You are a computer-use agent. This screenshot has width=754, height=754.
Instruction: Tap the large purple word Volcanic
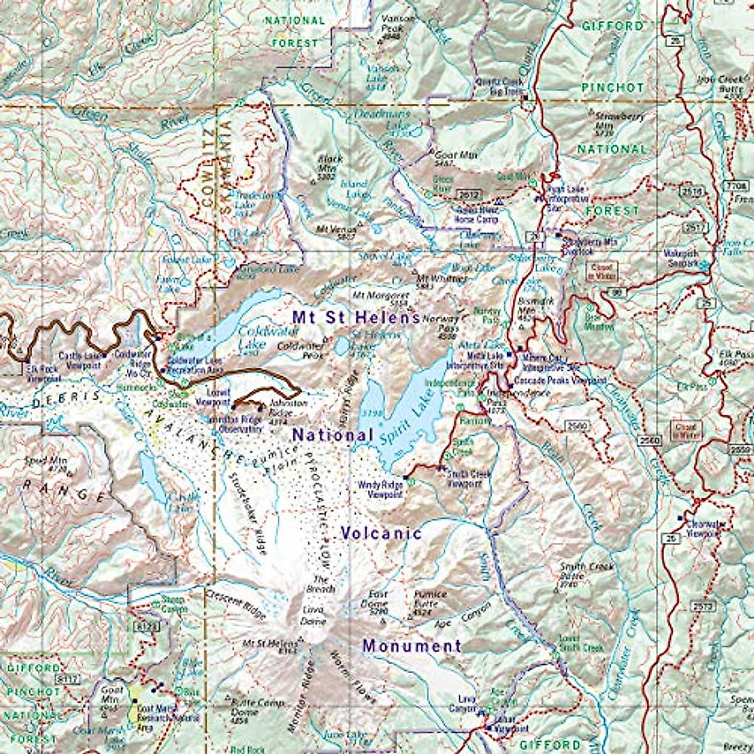381,533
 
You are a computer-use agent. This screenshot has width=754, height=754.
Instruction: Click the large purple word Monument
412,645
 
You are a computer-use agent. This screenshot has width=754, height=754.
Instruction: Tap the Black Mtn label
331,163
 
